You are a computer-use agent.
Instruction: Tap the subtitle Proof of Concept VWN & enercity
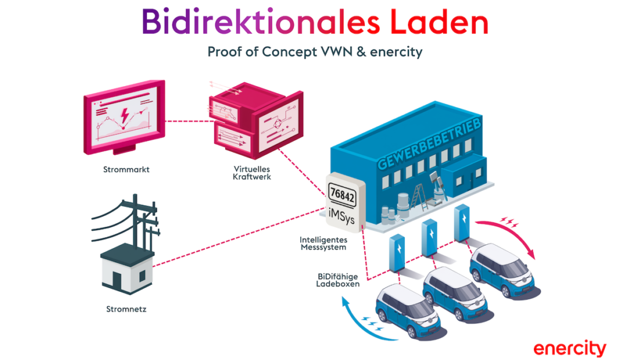[x=314, y=52]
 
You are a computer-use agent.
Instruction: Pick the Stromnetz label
[x=126, y=308]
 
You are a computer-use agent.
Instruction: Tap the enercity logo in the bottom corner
[x=569, y=347]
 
